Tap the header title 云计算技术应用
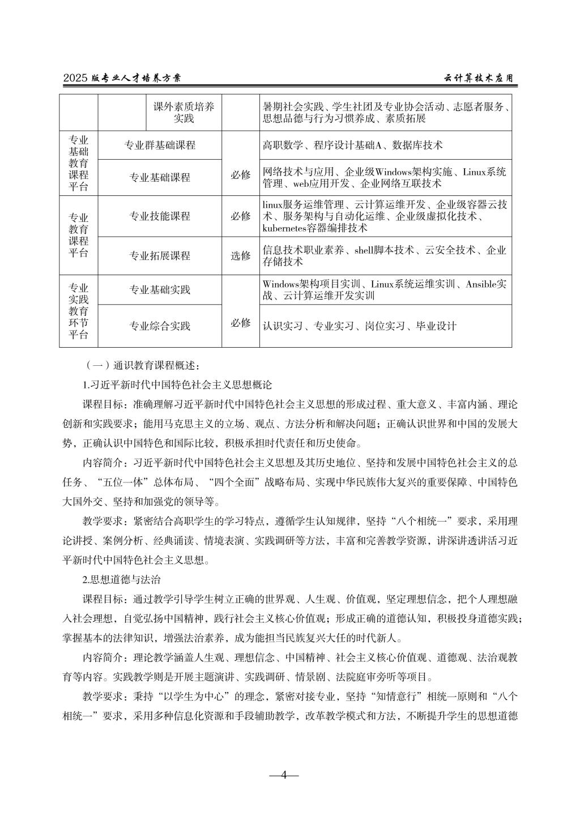(x=478, y=79)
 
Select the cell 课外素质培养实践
(x=184, y=113)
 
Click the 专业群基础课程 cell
(x=160, y=146)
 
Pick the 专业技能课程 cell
(x=160, y=216)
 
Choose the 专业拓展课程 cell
(x=160, y=256)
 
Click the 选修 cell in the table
(x=240, y=256)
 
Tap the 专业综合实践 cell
(x=160, y=326)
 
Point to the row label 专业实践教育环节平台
(x=78, y=311)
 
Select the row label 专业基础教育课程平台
(x=78, y=164)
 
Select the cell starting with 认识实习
(x=360, y=326)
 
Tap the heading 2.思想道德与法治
(x=122, y=580)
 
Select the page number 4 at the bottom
(x=284, y=775)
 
